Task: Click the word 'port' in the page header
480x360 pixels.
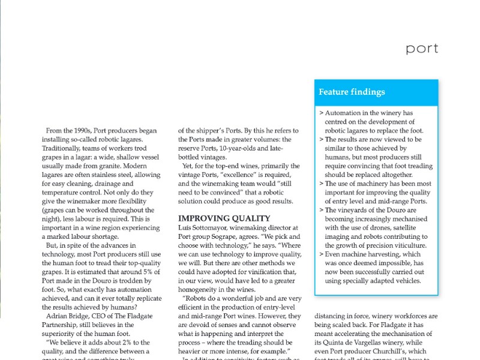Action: click(422, 49)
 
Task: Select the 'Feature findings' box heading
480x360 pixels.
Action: click(352, 92)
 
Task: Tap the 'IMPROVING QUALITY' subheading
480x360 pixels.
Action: click(224, 218)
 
